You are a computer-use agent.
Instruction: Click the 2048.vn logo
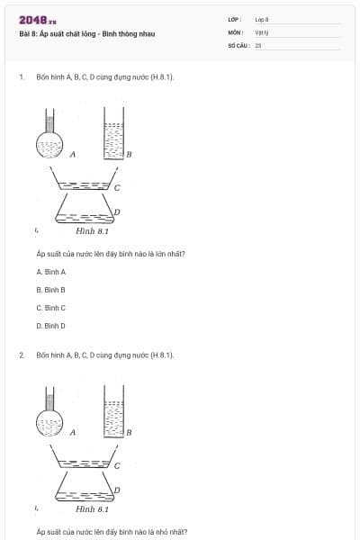[37, 19]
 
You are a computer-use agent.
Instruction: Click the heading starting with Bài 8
[86, 34]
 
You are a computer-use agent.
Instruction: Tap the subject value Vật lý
[261, 31]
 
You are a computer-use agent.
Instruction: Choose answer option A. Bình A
[51, 272]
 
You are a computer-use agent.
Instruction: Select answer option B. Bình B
[51, 290]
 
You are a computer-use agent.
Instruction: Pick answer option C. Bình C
[51, 308]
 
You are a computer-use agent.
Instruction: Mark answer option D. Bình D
[51, 326]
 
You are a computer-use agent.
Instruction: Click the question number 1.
[21, 77]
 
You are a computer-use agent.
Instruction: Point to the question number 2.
[21, 355]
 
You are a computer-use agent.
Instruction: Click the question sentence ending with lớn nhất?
[111, 254]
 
